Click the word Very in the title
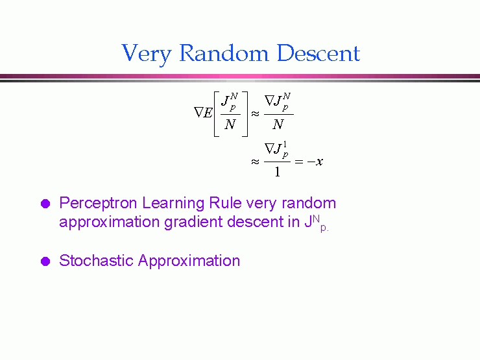click(x=147, y=54)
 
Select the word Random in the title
click(x=224, y=53)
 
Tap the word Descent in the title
click(x=318, y=53)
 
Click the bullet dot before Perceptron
click(x=45, y=204)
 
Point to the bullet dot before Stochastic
click(x=45, y=261)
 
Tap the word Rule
click(x=225, y=203)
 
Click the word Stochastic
click(x=96, y=261)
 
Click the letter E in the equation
click(x=208, y=113)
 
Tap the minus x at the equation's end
click(x=315, y=162)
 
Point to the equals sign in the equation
click(x=299, y=162)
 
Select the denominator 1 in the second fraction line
click(x=278, y=172)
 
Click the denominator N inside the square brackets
click(x=230, y=125)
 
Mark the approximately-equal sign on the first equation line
click(x=256, y=114)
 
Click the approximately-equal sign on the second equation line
click(x=256, y=162)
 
